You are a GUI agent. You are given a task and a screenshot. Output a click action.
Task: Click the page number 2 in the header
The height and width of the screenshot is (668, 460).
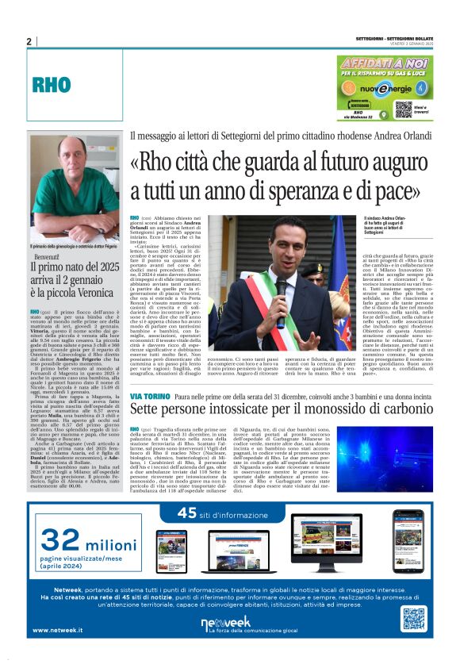[29, 42]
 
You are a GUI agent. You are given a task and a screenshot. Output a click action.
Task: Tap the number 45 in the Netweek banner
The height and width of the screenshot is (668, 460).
[188, 513]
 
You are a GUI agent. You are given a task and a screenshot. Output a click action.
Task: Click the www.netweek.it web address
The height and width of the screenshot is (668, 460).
[58, 630]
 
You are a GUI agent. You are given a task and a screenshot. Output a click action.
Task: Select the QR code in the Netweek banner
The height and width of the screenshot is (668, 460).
[414, 619]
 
